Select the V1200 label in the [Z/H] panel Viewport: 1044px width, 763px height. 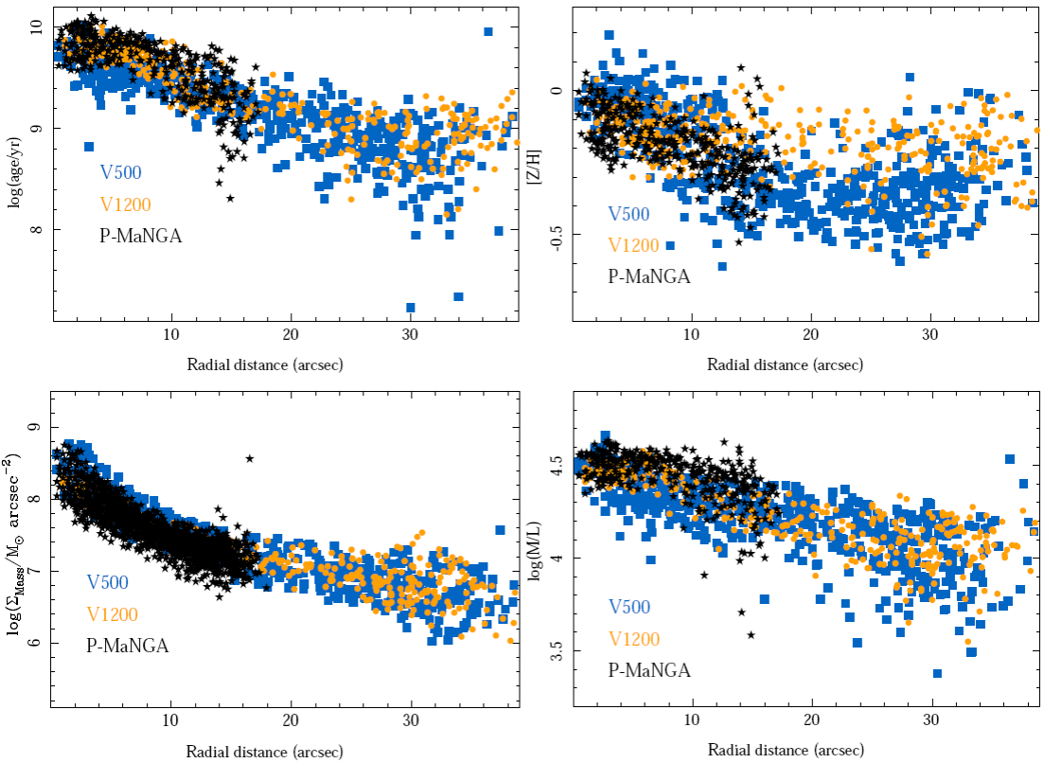click(632, 245)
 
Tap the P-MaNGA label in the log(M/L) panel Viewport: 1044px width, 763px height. click(648, 670)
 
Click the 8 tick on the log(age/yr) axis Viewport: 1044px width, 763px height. click(34, 229)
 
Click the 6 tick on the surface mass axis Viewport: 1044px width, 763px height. click(34, 644)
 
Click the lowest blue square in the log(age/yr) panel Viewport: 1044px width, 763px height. click(411, 307)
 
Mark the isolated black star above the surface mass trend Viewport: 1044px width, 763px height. click(250, 458)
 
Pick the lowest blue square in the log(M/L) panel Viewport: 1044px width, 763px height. click(937, 673)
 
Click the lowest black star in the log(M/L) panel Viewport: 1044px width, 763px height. click(751, 635)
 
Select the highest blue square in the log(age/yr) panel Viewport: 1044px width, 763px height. click(488, 31)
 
